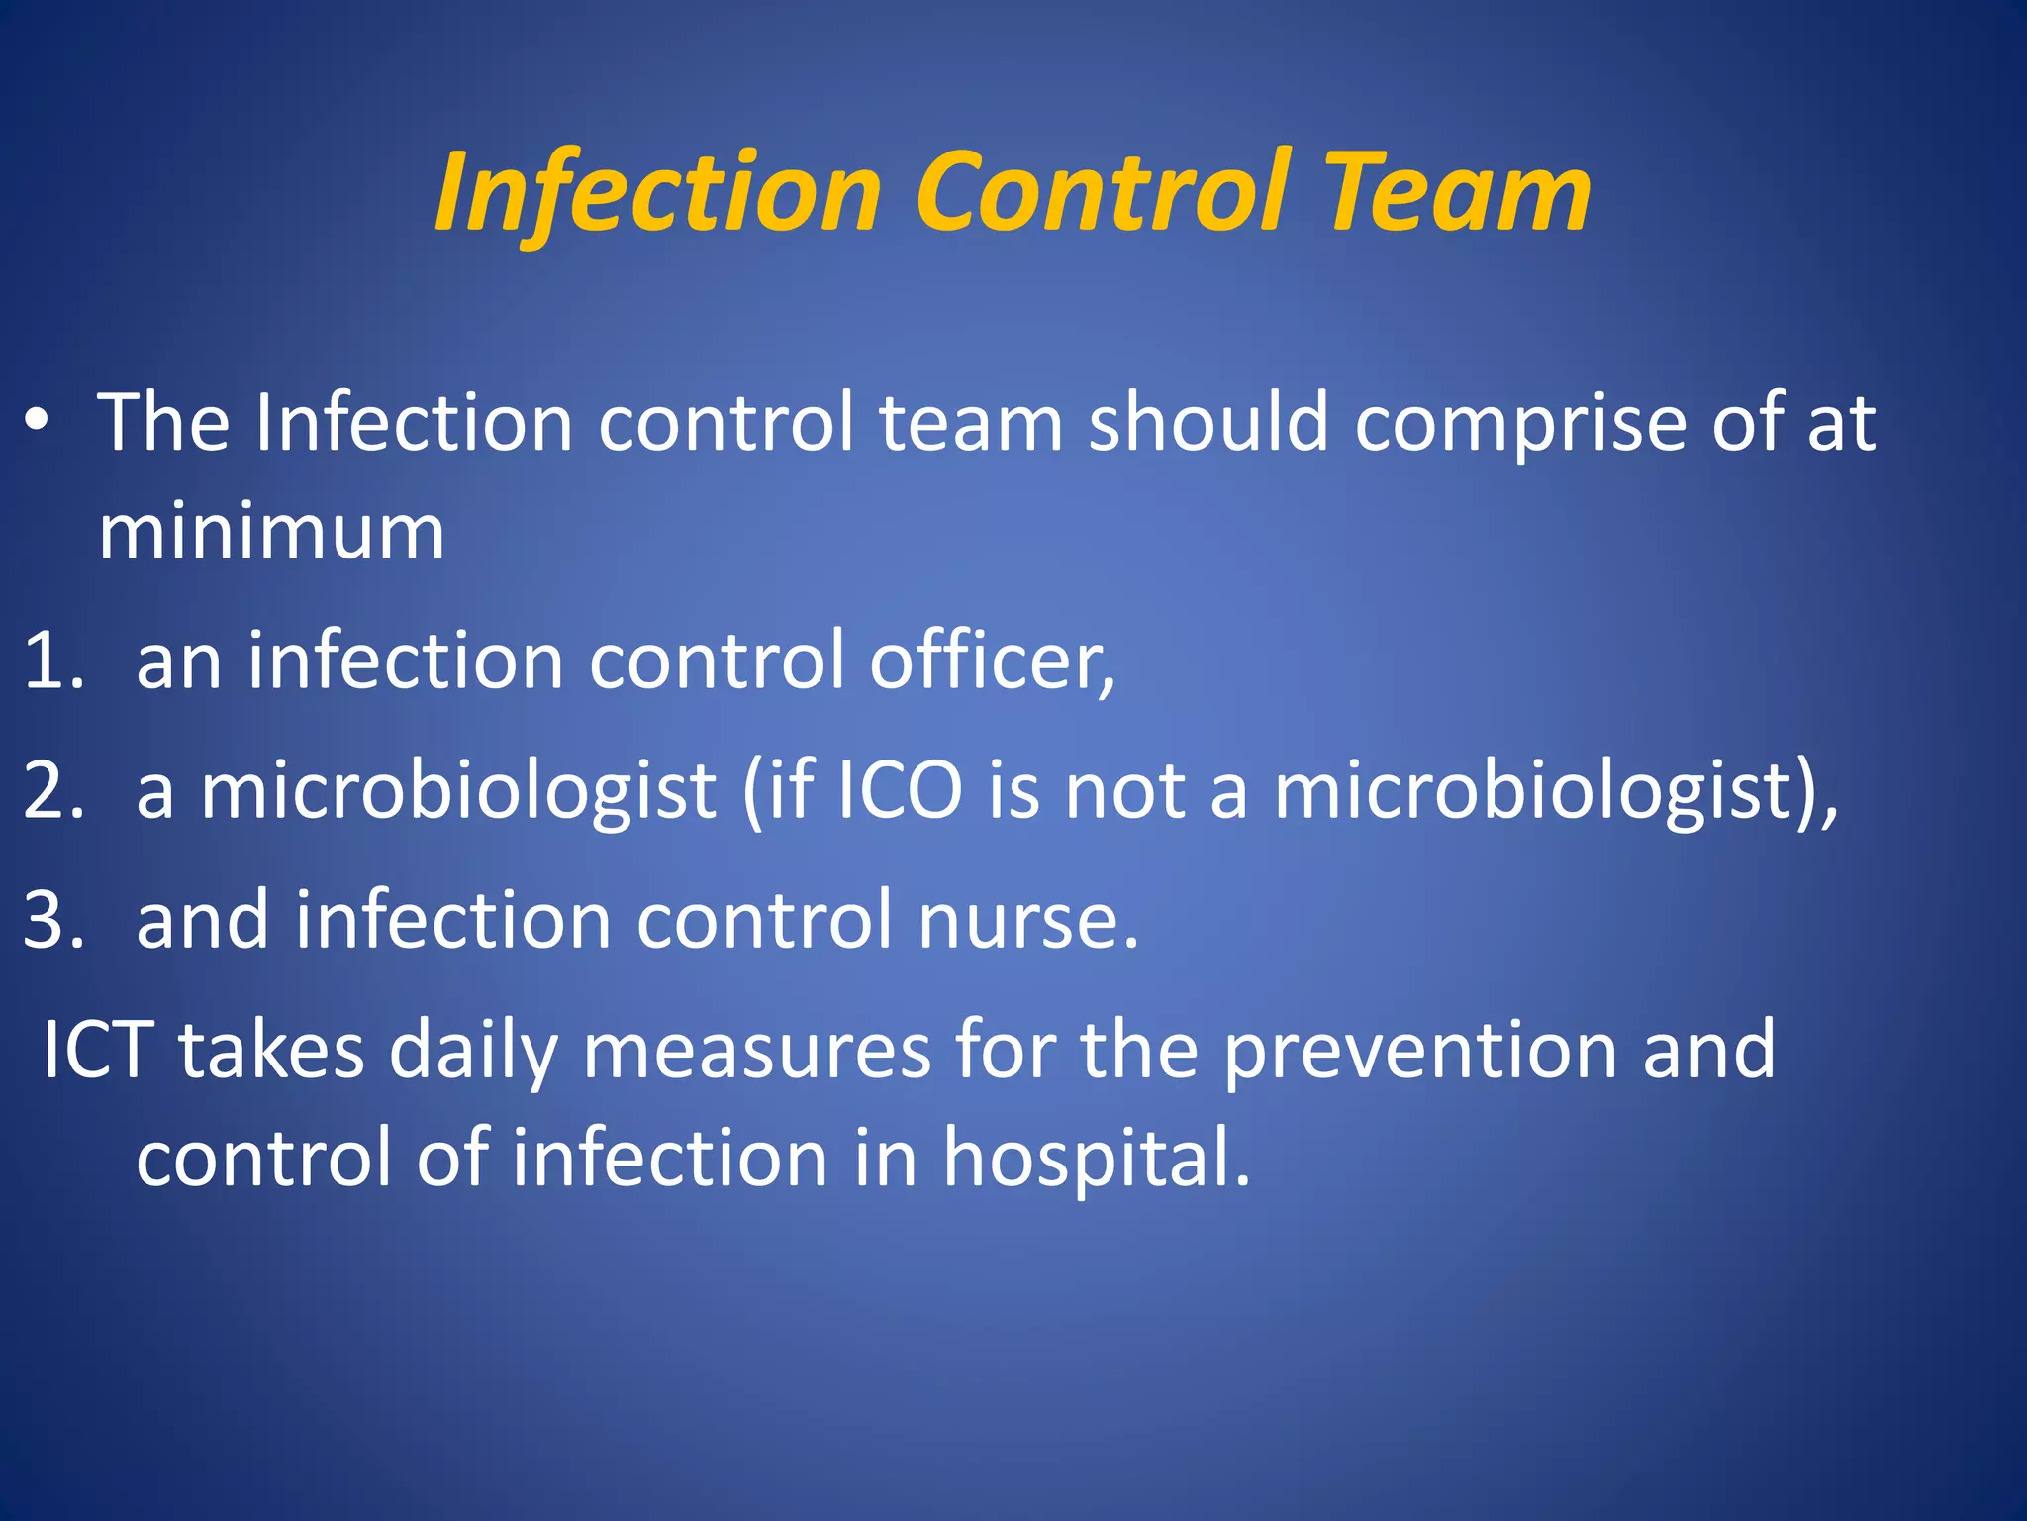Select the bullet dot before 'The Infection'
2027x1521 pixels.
tap(37, 421)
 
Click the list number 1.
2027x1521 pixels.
tap(51, 660)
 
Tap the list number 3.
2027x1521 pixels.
tap(51, 920)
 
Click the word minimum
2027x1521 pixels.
tap(271, 532)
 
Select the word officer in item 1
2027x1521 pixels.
tap(992, 660)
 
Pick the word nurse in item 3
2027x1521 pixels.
tap(1027, 920)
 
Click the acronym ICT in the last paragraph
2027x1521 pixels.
tap(98, 1049)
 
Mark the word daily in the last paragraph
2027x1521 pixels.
tap(473, 1049)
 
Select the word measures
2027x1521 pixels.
tap(756, 1049)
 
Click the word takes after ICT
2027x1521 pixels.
tap(270, 1049)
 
